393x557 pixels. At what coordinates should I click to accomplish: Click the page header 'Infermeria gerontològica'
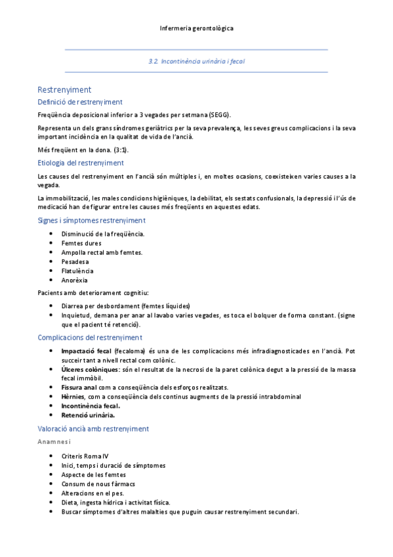(196, 29)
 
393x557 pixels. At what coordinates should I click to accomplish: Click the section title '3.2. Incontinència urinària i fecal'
(196, 60)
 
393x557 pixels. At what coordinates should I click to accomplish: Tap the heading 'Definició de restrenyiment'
(80, 102)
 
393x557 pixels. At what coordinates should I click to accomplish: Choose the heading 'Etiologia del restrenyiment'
(81, 163)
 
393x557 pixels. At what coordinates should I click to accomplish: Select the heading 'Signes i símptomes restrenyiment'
(91, 221)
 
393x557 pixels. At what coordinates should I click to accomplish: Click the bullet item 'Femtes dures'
(81, 243)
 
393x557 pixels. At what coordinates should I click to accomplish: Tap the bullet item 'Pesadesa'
(75, 261)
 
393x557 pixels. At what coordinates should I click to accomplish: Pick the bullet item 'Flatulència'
(77, 271)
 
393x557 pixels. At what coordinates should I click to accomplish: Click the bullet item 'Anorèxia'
(75, 280)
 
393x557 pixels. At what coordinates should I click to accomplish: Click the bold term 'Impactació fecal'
(87, 351)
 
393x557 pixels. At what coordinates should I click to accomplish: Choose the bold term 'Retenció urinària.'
(88, 415)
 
